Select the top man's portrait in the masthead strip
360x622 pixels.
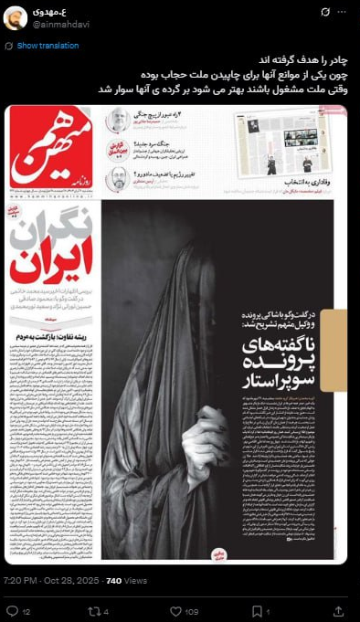coord(118,121)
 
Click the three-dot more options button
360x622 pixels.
coord(343,13)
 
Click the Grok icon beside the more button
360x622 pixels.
coord(323,13)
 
